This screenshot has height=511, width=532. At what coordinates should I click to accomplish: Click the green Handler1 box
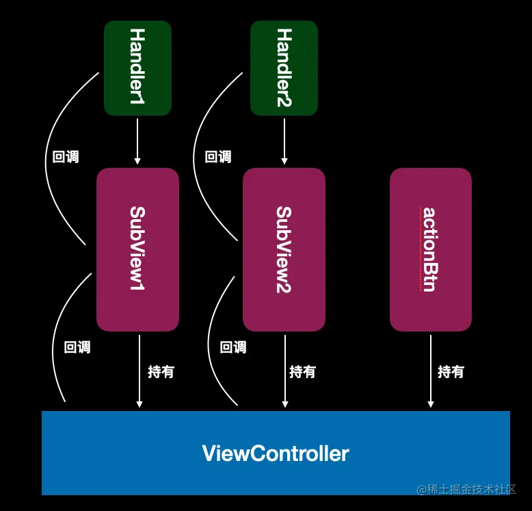click(137, 67)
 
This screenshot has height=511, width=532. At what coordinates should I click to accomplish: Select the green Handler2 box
click(284, 67)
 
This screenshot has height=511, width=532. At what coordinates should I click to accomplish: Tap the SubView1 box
click(137, 249)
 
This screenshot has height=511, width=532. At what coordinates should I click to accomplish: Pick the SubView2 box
click(284, 249)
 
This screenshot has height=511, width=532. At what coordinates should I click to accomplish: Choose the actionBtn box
click(431, 249)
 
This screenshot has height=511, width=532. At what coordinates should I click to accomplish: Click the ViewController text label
click(276, 453)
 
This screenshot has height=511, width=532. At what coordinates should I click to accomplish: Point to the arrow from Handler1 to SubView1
click(137, 141)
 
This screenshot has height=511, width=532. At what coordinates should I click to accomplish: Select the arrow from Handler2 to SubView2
click(284, 141)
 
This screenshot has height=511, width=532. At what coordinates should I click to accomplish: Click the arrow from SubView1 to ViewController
click(139, 371)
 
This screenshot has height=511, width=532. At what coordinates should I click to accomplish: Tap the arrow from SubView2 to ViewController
click(285, 371)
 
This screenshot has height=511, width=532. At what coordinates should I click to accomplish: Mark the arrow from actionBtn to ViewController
click(431, 371)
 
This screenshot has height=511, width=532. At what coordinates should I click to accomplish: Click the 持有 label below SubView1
click(161, 372)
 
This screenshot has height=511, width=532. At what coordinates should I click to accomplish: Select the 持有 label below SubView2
click(303, 372)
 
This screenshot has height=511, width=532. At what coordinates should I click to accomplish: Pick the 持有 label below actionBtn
click(451, 372)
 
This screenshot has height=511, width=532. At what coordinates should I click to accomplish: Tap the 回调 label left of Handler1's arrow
click(66, 157)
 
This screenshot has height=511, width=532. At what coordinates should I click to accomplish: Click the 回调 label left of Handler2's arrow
click(218, 157)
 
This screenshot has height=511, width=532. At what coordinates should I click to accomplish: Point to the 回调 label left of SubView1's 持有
click(77, 347)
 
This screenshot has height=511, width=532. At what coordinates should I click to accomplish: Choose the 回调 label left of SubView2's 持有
click(233, 347)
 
